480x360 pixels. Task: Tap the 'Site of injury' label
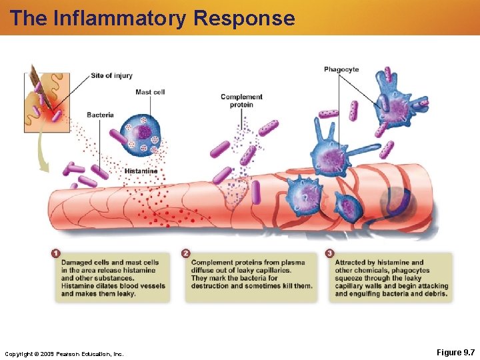pos(111,76)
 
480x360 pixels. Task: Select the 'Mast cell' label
pos(150,92)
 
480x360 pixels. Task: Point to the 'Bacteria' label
pos(100,115)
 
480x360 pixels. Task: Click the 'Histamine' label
pos(141,171)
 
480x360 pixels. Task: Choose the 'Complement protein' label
pos(241,101)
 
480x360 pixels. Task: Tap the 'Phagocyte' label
pos(341,69)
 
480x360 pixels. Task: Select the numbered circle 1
pos(55,254)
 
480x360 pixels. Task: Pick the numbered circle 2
pos(185,254)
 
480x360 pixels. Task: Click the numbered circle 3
pos(329,254)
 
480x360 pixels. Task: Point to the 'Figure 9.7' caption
pos(455,352)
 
